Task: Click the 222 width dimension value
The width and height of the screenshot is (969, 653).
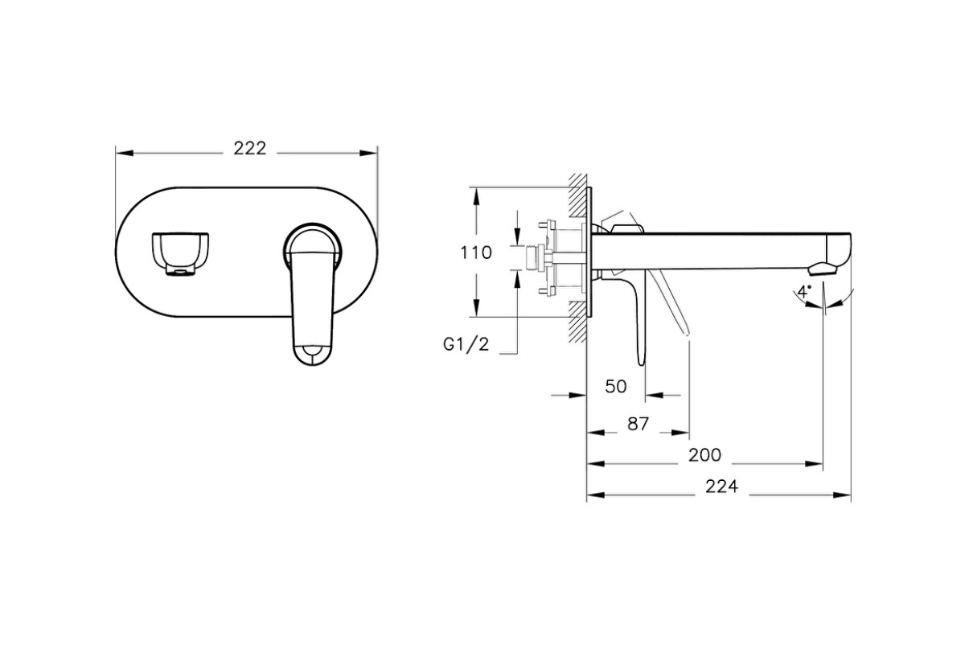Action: (x=249, y=149)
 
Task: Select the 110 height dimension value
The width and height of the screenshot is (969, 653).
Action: (x=476, y=253)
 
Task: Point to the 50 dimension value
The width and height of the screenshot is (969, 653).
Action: (x=615, y=387)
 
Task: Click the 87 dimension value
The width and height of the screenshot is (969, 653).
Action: (x=638, y=424)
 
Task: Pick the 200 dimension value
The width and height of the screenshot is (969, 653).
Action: (x=704, y=455)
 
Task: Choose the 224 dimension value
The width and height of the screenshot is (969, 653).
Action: (x=721, y=487)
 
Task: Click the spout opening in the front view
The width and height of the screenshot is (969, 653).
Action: (x=181, y=252)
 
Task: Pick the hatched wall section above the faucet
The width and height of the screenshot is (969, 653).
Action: (x=576, y=194)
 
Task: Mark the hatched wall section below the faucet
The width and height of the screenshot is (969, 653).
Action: (x=576, y=322)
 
